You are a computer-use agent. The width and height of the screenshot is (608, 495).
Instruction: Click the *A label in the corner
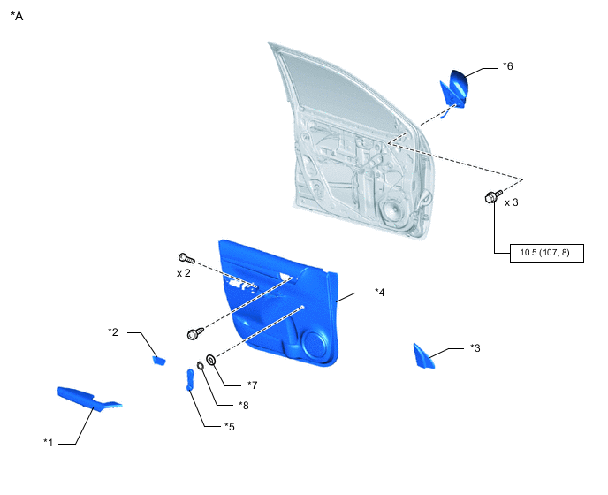click(x=17, y=16)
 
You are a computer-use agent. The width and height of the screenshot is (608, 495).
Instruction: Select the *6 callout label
click(x=507, y=66)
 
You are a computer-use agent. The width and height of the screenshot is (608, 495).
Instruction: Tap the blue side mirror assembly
click(x=453, y=90)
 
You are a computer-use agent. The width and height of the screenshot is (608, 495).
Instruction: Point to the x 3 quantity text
click(x=511, y=202)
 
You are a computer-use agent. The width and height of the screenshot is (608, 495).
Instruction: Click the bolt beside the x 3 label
click(x=493, y=196)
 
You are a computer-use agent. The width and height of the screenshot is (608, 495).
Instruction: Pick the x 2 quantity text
click(x=184, y=273)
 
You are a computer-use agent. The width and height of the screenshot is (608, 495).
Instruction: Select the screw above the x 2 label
click(x=186, y=258)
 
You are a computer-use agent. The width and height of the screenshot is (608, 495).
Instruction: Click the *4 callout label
click(x=380, y=292)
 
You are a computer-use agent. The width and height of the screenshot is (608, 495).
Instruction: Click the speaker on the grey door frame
click(x=393, y=212)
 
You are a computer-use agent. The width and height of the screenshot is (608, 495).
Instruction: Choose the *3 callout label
click(x=475, y=348)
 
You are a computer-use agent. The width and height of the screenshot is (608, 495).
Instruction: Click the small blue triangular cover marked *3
click(x=423, y=356)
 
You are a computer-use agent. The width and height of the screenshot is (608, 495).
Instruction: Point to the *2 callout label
click(x=113, y=332)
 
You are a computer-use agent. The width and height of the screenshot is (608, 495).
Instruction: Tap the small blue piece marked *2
click(x=159, y=362)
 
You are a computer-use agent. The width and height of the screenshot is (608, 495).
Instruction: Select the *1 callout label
click(x=48, y=442)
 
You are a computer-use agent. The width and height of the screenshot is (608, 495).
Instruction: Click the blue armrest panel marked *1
click(x=88, y=399)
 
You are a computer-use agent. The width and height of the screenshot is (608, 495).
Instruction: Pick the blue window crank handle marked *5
click(x=190, y=380)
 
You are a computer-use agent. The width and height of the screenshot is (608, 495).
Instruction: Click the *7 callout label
click(x=252, y=385)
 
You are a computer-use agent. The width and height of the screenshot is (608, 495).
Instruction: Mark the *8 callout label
click(x=244, y=406)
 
